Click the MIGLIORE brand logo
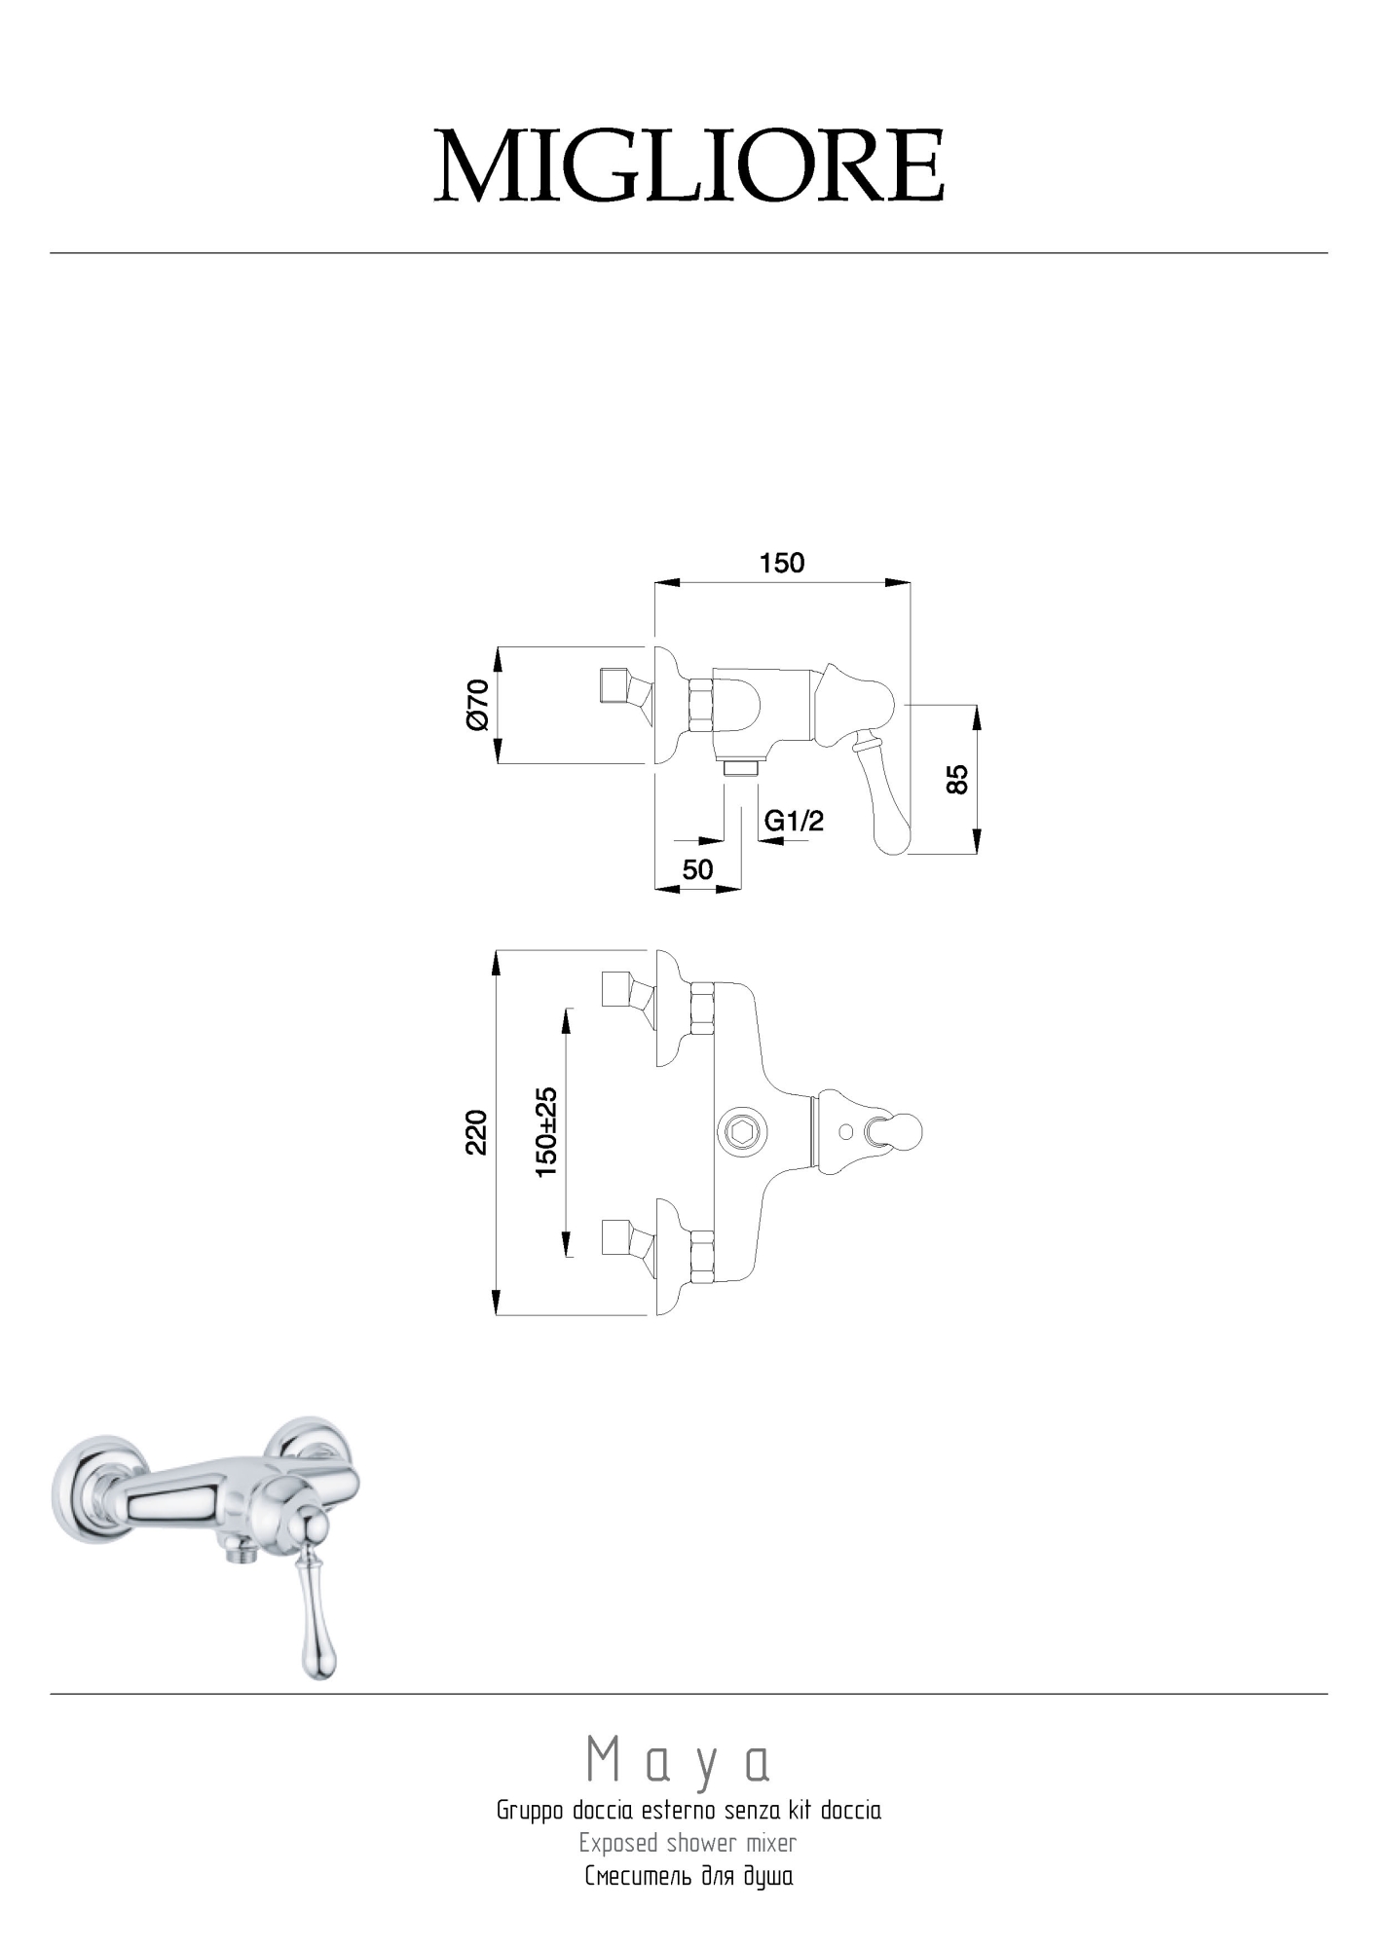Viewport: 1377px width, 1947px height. tap(689, 166)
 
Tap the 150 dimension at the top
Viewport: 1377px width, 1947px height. tap(782, 563)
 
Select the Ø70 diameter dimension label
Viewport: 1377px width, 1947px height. tap(477, 705)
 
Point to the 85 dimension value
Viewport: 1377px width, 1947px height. tap(958, 779)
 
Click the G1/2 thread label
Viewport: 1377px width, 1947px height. tap(795, 821)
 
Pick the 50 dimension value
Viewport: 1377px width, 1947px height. tap(698, 868)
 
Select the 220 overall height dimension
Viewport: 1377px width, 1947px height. tap(476, 1132)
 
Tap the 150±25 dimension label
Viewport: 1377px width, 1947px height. tap(546, 1132)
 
